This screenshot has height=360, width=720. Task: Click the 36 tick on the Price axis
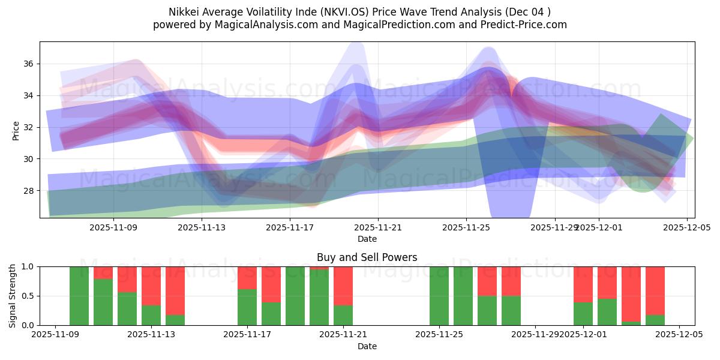click(x=29, y=64)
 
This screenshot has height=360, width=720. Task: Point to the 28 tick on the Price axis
click(x=29, y=191)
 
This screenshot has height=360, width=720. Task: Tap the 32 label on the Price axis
click(x=29, y=127)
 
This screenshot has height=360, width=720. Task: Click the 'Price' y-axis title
click(x=16, y=130)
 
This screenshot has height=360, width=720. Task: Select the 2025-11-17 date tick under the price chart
click(x=290, y=227)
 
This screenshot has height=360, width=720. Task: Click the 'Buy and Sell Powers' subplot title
click(x=367, y=257)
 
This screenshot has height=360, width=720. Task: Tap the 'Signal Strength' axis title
click(x=13, y=296)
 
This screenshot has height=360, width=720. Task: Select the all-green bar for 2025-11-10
click(x=79, y=296)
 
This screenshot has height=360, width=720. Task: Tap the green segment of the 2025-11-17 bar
click(x=247, y=307)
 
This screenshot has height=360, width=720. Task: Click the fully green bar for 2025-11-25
click(x=439, y=296)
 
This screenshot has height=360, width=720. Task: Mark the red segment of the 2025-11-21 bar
click(x=343, y=286)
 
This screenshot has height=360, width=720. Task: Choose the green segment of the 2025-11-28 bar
click(x=511, y=311)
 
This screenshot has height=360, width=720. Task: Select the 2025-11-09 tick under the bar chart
click(x=55, y=335)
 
